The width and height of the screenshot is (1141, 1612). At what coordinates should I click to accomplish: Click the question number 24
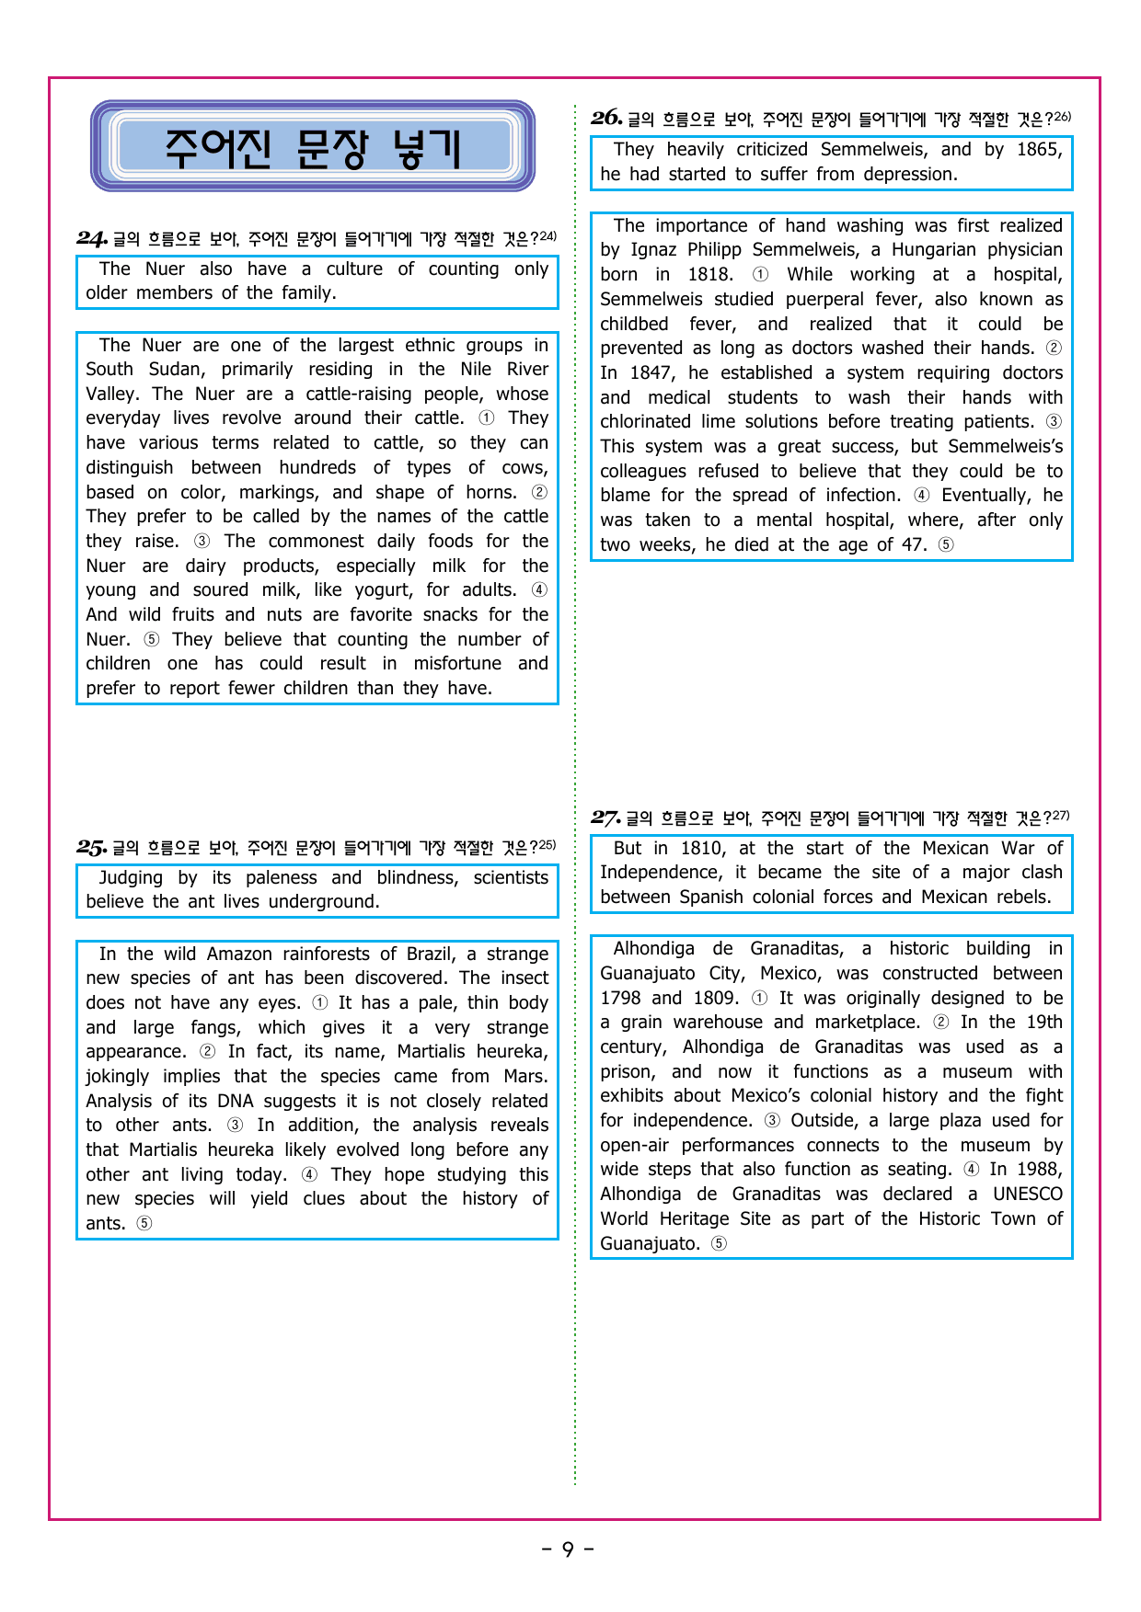tap(92, 239)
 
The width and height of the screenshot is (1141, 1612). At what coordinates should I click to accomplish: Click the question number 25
tap(92, 848)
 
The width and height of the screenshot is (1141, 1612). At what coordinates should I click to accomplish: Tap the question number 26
tap(606, 118)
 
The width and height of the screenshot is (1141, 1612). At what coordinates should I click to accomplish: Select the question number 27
tap(605, 817)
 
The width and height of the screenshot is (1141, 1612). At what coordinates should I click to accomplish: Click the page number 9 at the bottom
tap(568, 1549)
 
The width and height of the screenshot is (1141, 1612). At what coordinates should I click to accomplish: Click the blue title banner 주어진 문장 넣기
tap(313, 147)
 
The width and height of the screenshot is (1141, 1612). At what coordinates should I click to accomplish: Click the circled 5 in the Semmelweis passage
tap(946, 544)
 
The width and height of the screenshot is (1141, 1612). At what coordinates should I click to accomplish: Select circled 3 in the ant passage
tap(236, 1125)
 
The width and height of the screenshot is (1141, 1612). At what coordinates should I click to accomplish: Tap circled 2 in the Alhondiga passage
tap(940, 1022)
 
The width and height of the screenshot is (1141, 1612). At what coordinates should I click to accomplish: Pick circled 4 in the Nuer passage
tap(539, 589)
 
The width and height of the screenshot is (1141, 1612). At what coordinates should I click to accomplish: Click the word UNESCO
tap(1027, 1194)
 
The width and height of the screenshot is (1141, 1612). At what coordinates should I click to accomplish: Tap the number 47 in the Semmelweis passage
tap(913, 544)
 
